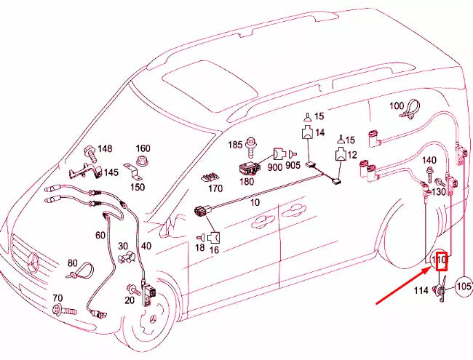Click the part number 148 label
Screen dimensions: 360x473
click(106, 149)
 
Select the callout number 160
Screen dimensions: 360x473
click(143, 149)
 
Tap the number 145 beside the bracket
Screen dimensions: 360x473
click(111, 172)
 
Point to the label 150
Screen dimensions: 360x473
click(137, 187)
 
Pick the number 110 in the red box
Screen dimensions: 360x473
click(440, 259)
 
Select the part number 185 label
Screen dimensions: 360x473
click(234, 145)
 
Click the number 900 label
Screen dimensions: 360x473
click(275, 167)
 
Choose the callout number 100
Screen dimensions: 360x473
click(396, 106)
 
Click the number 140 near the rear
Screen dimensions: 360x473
click(429, 160)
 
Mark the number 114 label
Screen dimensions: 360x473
click(421, 292)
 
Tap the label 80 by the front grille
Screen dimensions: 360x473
click(71, 263)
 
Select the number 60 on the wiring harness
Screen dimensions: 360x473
click(100, 235)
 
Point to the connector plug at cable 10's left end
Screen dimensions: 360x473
click(202, 212)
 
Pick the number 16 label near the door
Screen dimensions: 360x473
click(214, 249)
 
